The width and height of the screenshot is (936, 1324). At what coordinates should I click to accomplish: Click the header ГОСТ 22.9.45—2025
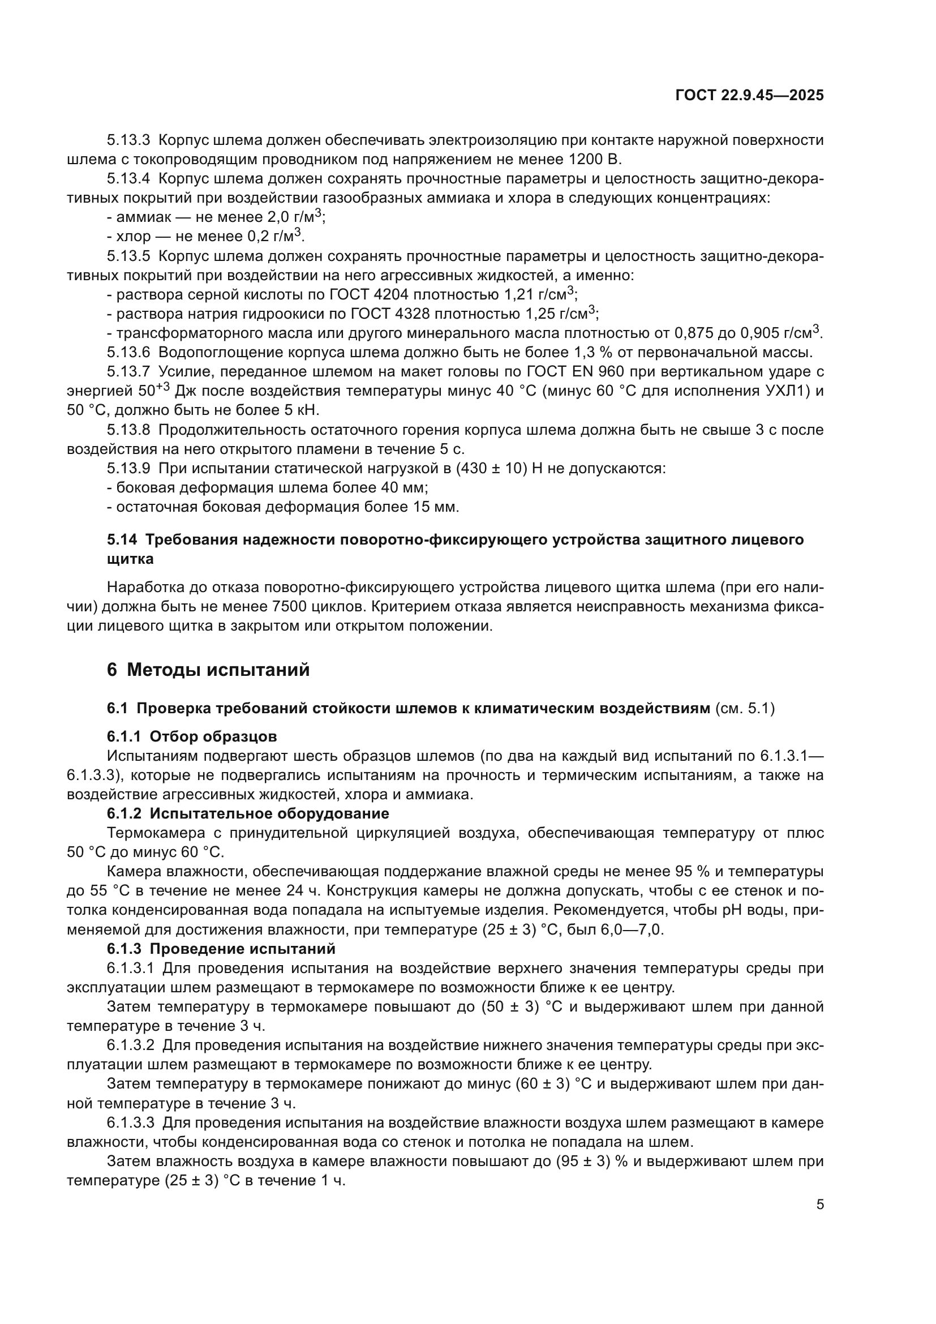[x=749, y=95]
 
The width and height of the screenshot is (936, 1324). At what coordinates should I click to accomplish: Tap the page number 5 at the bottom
[x=819, y=1204]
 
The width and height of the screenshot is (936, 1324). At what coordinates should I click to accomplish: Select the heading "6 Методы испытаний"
[x=208, y=670]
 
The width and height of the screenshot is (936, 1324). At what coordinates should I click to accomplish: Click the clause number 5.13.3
[x=128, y=140]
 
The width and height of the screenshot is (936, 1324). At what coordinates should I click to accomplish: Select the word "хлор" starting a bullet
[x=133, y=237]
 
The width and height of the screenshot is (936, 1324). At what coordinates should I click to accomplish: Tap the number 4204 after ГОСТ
[x=391, y=295]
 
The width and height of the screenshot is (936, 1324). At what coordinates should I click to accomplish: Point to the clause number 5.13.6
[x=128, y=352]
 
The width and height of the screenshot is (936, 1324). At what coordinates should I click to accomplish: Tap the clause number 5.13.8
[x=128, y=430]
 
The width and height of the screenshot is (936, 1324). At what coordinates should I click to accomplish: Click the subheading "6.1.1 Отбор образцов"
[x=192, y=736]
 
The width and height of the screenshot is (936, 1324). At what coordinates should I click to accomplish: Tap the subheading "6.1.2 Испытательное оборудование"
[x=248, y=813]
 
